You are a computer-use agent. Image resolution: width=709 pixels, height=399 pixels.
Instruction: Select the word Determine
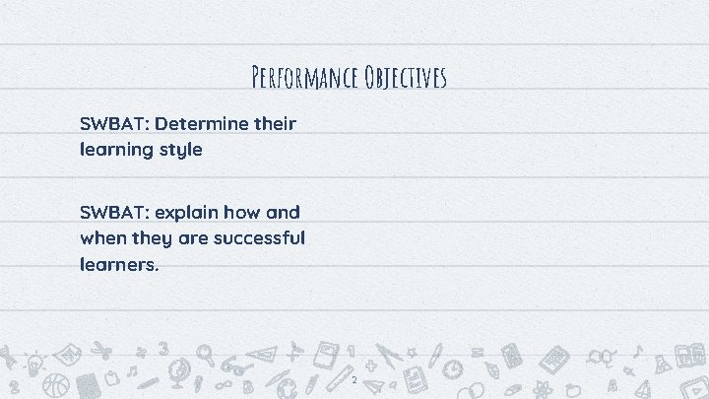(x=202, y=124)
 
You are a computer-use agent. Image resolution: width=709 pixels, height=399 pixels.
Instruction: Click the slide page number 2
(x=353, y=379)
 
